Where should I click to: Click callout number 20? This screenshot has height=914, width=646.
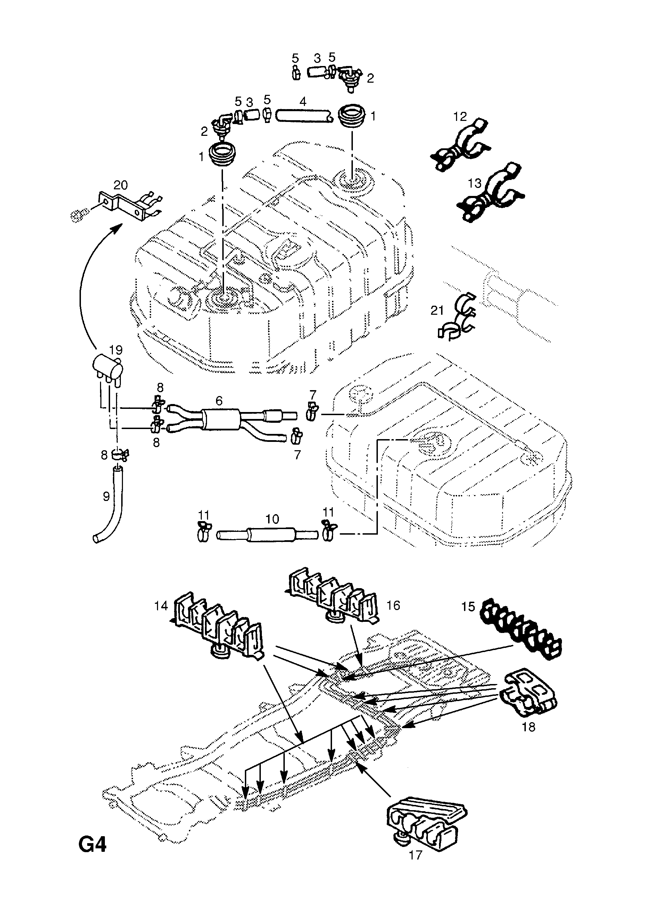click(x=121, y=185)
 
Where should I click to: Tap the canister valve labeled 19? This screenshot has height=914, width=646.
click(x=106, y=369)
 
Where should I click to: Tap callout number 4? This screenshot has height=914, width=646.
click(x=303, y=101)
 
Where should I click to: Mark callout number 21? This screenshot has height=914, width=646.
click(x=437, y=310)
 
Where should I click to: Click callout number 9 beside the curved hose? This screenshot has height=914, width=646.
click(x=106, y=496)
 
